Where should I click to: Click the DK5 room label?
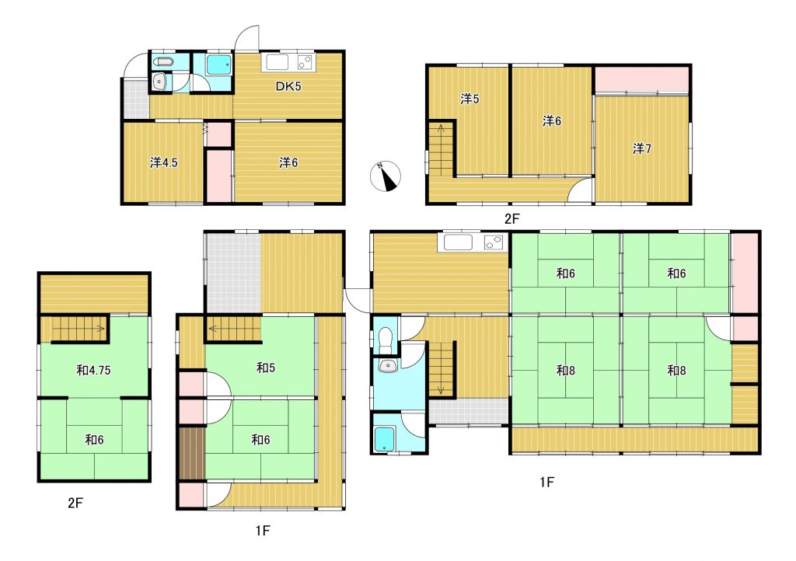tap(288, 86)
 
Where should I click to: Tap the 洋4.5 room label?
tap(163, 163)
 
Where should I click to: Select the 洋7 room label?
tap(641, 148)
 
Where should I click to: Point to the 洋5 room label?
tap(470, 99)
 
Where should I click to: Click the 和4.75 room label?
tap(93, 371)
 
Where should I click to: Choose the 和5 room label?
tap(266, 368)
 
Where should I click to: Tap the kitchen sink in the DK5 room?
tap(275, 62)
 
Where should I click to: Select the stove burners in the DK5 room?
tap(305, 62)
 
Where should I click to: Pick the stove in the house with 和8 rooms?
tap(495, 242)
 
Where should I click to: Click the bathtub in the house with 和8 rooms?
tap(384, 439)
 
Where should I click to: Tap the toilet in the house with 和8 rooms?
tap(386, 340)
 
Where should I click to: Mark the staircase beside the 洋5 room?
tap(442, 147)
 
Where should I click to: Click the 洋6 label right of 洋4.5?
tap(288, 163)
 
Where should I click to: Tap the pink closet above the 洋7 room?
tap(641, 79)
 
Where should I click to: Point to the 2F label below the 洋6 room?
tap(512, 218)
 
